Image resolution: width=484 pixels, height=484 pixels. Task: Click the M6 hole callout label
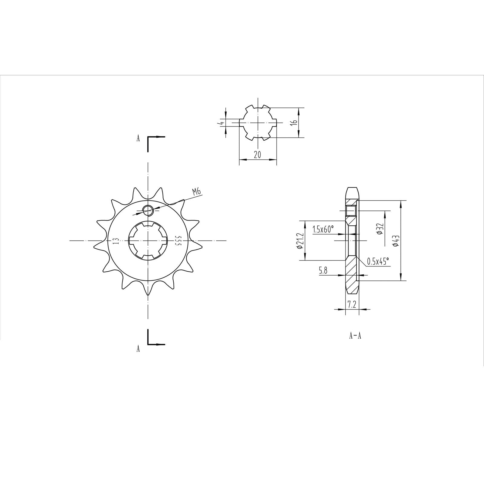point(196,191)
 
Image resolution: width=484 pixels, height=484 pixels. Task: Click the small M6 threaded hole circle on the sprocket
point(148,209)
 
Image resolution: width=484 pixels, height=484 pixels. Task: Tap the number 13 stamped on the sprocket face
point(115,241)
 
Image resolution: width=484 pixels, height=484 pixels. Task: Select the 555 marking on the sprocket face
point(178,241)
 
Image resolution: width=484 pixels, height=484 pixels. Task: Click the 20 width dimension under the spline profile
point(257,155)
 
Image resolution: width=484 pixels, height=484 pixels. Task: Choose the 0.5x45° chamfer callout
point(378,261)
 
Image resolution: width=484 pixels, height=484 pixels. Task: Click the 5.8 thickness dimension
point(323,271)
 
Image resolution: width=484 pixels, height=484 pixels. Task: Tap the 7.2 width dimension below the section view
point(352,305)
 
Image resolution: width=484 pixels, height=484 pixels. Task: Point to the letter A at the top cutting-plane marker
point(138,139)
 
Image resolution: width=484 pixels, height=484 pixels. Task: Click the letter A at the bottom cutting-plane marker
point(138,349)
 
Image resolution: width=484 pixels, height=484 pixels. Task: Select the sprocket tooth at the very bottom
point(147,290)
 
